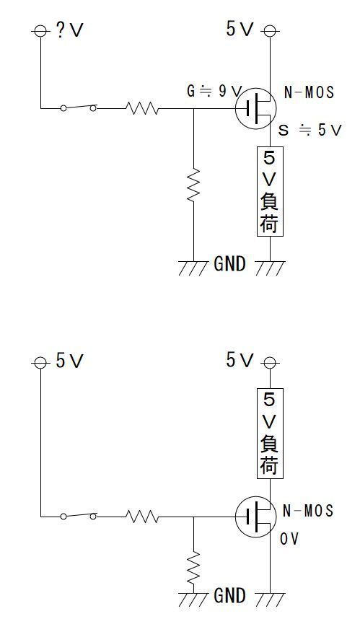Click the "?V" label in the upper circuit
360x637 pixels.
coord(70,31)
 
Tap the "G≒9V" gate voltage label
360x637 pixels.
coord(214,92)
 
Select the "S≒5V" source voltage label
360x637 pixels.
coord(309,130)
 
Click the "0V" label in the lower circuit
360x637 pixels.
coord(290,539)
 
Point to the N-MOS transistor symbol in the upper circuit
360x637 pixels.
coord(255,108)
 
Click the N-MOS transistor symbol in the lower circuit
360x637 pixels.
coord(255,517)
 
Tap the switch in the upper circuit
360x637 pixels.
coord(79,107)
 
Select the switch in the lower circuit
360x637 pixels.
coord(79,516)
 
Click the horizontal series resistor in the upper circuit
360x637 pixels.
coord(142,108)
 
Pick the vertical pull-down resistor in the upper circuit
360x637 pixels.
coord(193,184)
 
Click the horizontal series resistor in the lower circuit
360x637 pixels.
coord(142,517)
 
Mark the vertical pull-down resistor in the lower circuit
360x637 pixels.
coord(193,567)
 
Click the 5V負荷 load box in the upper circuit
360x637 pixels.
coord(271,191)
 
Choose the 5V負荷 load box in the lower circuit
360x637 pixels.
coord(271,434)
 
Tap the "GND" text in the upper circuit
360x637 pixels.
coord(229,265)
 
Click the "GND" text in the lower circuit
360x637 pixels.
coord(229,596)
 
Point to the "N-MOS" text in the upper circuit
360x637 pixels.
coord(309,92)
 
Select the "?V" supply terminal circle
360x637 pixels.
coord(40,31)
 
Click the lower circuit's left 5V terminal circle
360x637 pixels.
coord(40,362)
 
